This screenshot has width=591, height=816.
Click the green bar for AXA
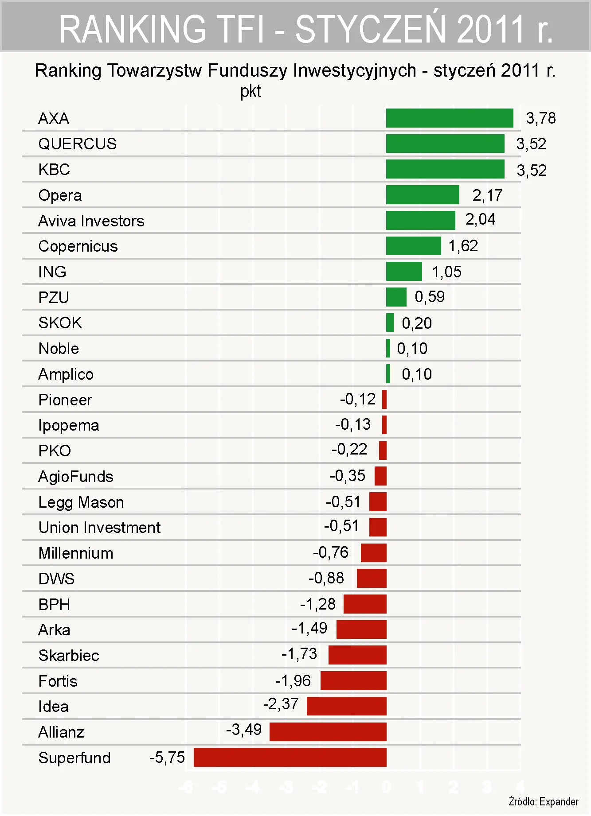tap(449, 118)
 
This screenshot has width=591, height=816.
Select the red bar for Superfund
tap(290, 757)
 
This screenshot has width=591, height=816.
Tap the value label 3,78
tap(540, 118)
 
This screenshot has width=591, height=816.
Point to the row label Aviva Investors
tap(91, 221)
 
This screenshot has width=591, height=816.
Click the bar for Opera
tap(422, 195)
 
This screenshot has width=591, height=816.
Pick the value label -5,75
tap(167, 757)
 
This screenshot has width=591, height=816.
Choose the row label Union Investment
tap(99, 527)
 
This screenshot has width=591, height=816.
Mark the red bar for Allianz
tap(328, 731)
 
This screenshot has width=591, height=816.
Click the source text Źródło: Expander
tap(543, 801)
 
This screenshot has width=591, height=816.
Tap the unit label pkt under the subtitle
tap(250, 91)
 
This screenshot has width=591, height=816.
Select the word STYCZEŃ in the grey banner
tap(370, 29)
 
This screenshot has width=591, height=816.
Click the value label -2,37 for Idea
tap(281, 704)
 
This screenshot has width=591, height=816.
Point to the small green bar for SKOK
tap(390, 323)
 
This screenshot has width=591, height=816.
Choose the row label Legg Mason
tap(81, 502)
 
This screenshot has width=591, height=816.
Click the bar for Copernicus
tap(413, 246)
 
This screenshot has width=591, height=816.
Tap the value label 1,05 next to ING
tap(446, 272)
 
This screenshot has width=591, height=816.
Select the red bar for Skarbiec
tap(357, 655)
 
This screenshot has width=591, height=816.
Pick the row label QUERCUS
tap(78, 144)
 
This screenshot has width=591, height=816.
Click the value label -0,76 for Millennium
tap(330, 552)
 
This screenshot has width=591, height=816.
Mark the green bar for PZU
tap(396, 297)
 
